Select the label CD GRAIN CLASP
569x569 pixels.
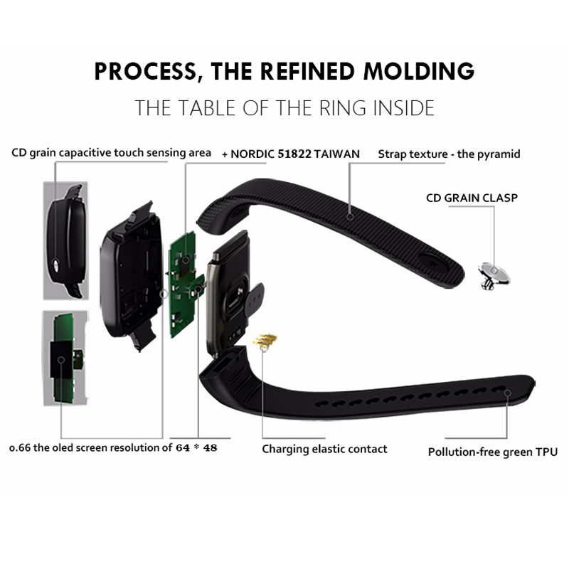pos(472,198)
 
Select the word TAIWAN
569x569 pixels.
pos(338,154)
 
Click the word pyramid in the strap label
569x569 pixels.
pos(498,154)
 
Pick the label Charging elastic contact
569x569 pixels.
pos(324,449)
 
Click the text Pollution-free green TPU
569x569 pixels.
pos(492,452)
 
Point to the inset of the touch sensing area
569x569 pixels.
pos(65,240)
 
